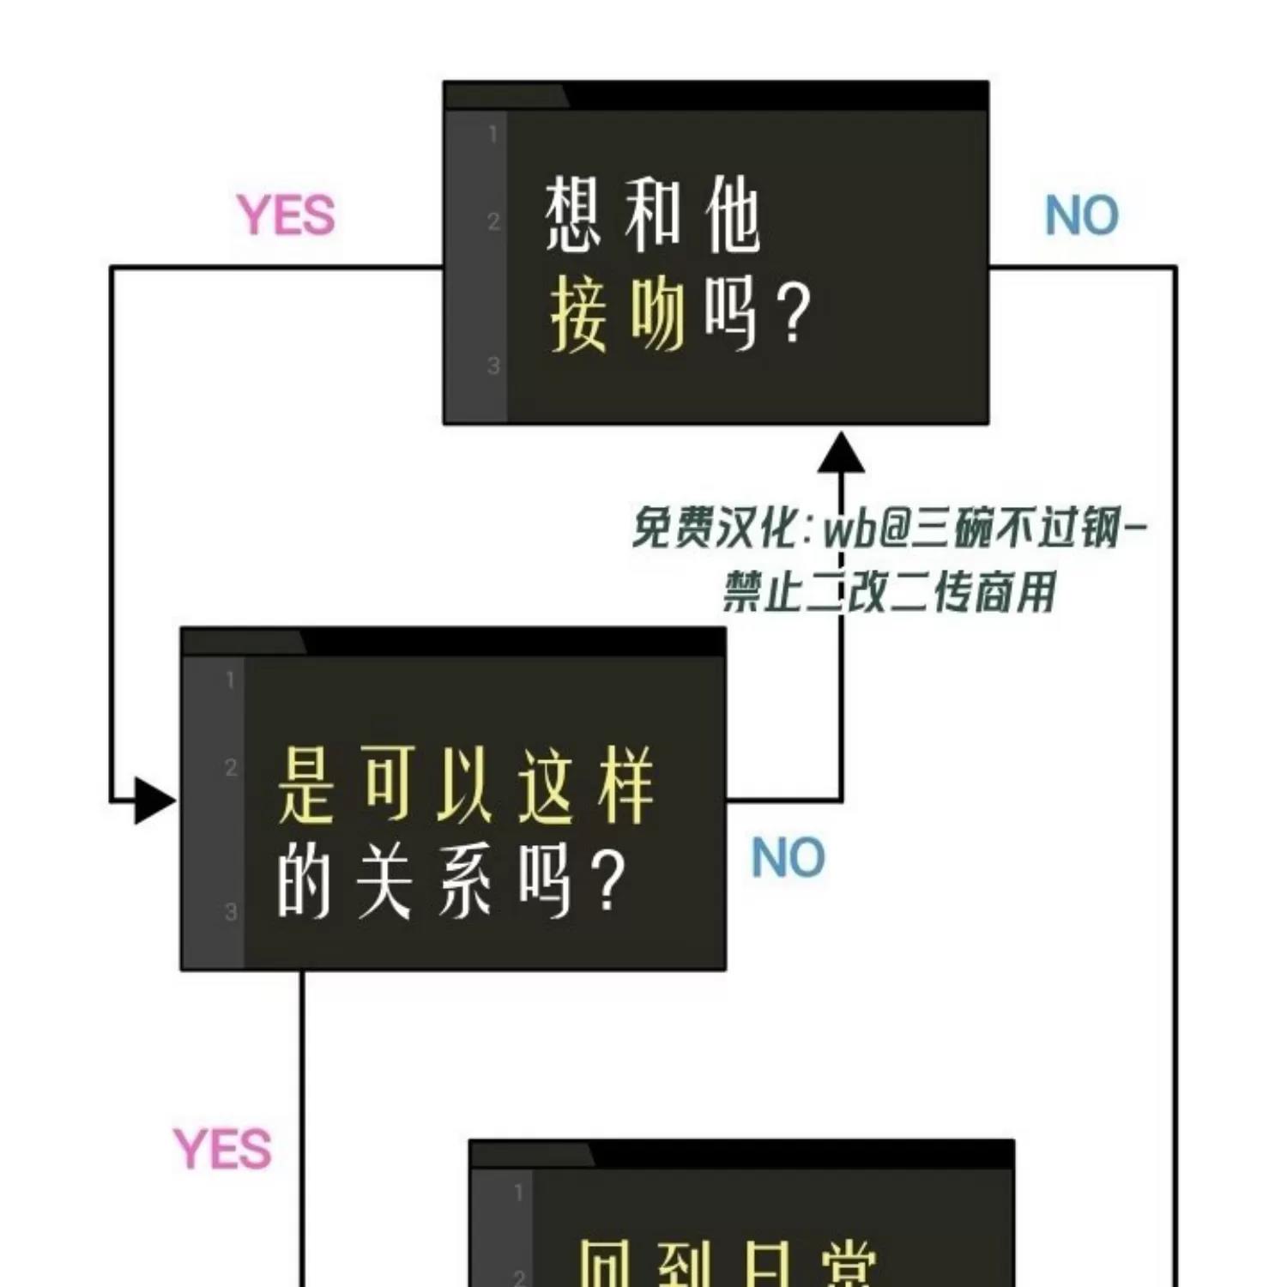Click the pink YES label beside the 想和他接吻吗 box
286,215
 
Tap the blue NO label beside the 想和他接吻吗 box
1081,215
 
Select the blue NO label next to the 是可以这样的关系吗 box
788,857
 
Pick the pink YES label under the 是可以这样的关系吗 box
222,1150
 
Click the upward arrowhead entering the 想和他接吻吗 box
841,452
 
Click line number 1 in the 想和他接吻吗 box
493,134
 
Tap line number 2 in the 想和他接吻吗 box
493,221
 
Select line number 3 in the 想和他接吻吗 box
493,366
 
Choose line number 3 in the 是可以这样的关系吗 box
230,911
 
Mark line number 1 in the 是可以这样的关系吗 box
230,680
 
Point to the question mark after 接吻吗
794,315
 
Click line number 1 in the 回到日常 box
518,1192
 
